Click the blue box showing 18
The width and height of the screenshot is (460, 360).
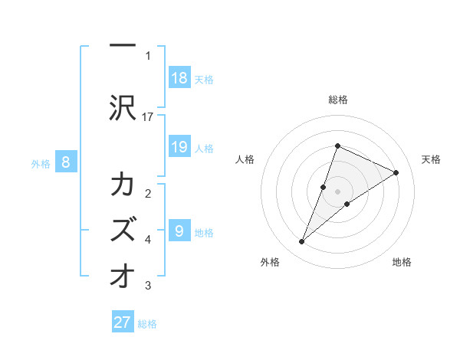(179, 78)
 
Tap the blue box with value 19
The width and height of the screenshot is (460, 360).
(179, 147)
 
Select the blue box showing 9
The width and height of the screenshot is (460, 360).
(179, 231)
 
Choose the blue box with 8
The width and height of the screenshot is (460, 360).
(66, 162)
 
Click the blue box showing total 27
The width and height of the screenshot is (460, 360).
(123, 322)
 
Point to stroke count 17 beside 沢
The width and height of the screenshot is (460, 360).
(148, 116)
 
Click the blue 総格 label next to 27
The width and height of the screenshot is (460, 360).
(147, 324)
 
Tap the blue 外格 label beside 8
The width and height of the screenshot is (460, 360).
(41, 163)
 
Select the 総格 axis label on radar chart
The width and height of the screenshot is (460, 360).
(337, 100)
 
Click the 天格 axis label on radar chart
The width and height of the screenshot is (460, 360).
(431, 159)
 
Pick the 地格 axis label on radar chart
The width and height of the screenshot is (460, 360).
(402, 262)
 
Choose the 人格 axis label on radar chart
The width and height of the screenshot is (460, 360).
(245, 159)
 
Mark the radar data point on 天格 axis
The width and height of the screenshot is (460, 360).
(396, 172)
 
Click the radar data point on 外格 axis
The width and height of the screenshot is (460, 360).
(301, 242)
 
